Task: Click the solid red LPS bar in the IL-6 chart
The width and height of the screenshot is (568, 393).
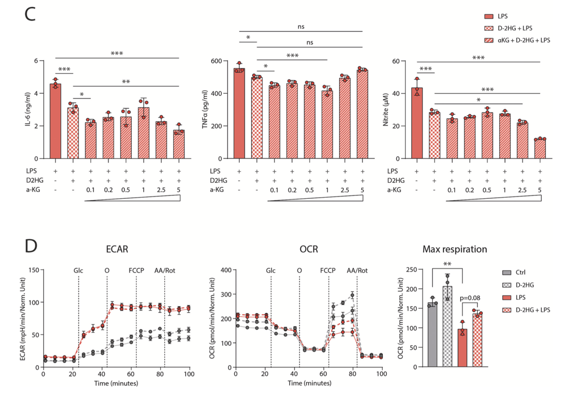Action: tap(55, 122)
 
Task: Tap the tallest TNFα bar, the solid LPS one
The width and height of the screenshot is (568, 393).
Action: tap(239, 114)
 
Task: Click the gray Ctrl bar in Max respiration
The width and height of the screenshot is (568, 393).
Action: tap(433, 335)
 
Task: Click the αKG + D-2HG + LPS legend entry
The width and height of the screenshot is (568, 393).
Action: tap(516, 40)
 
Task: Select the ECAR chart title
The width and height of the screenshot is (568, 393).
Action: tap(116, 249)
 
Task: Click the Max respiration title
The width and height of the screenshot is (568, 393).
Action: tap(455, 249)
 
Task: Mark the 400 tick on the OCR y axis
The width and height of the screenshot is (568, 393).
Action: tap(225, 270)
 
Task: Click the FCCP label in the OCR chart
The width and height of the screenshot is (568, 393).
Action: tap(328, 270)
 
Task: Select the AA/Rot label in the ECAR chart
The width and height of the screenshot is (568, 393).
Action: tap(164, 270)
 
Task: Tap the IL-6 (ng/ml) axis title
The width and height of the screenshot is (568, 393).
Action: tap(28, 109)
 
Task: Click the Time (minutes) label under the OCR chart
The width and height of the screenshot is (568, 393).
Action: tap(308, 383)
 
